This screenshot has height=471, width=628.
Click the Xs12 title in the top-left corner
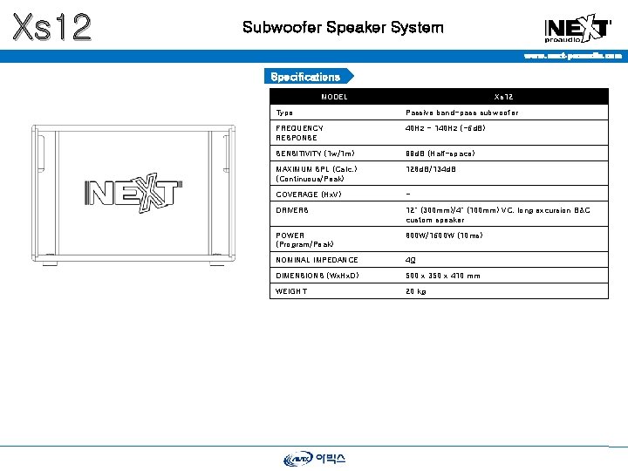[51, 27]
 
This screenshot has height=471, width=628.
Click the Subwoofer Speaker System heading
[343, 27]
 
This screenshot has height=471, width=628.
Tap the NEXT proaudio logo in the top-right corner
[577, 29]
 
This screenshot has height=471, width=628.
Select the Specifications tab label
[305, 77]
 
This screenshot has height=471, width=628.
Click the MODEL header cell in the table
[334, 97]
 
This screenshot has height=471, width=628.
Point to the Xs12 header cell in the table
[503, 97]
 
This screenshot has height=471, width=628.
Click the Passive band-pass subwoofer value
[461, 113]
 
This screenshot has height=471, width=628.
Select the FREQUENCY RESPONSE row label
[299, 133]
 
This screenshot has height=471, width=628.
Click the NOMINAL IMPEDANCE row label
[317, 260]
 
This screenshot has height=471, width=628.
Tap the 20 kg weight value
[416, 291]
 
